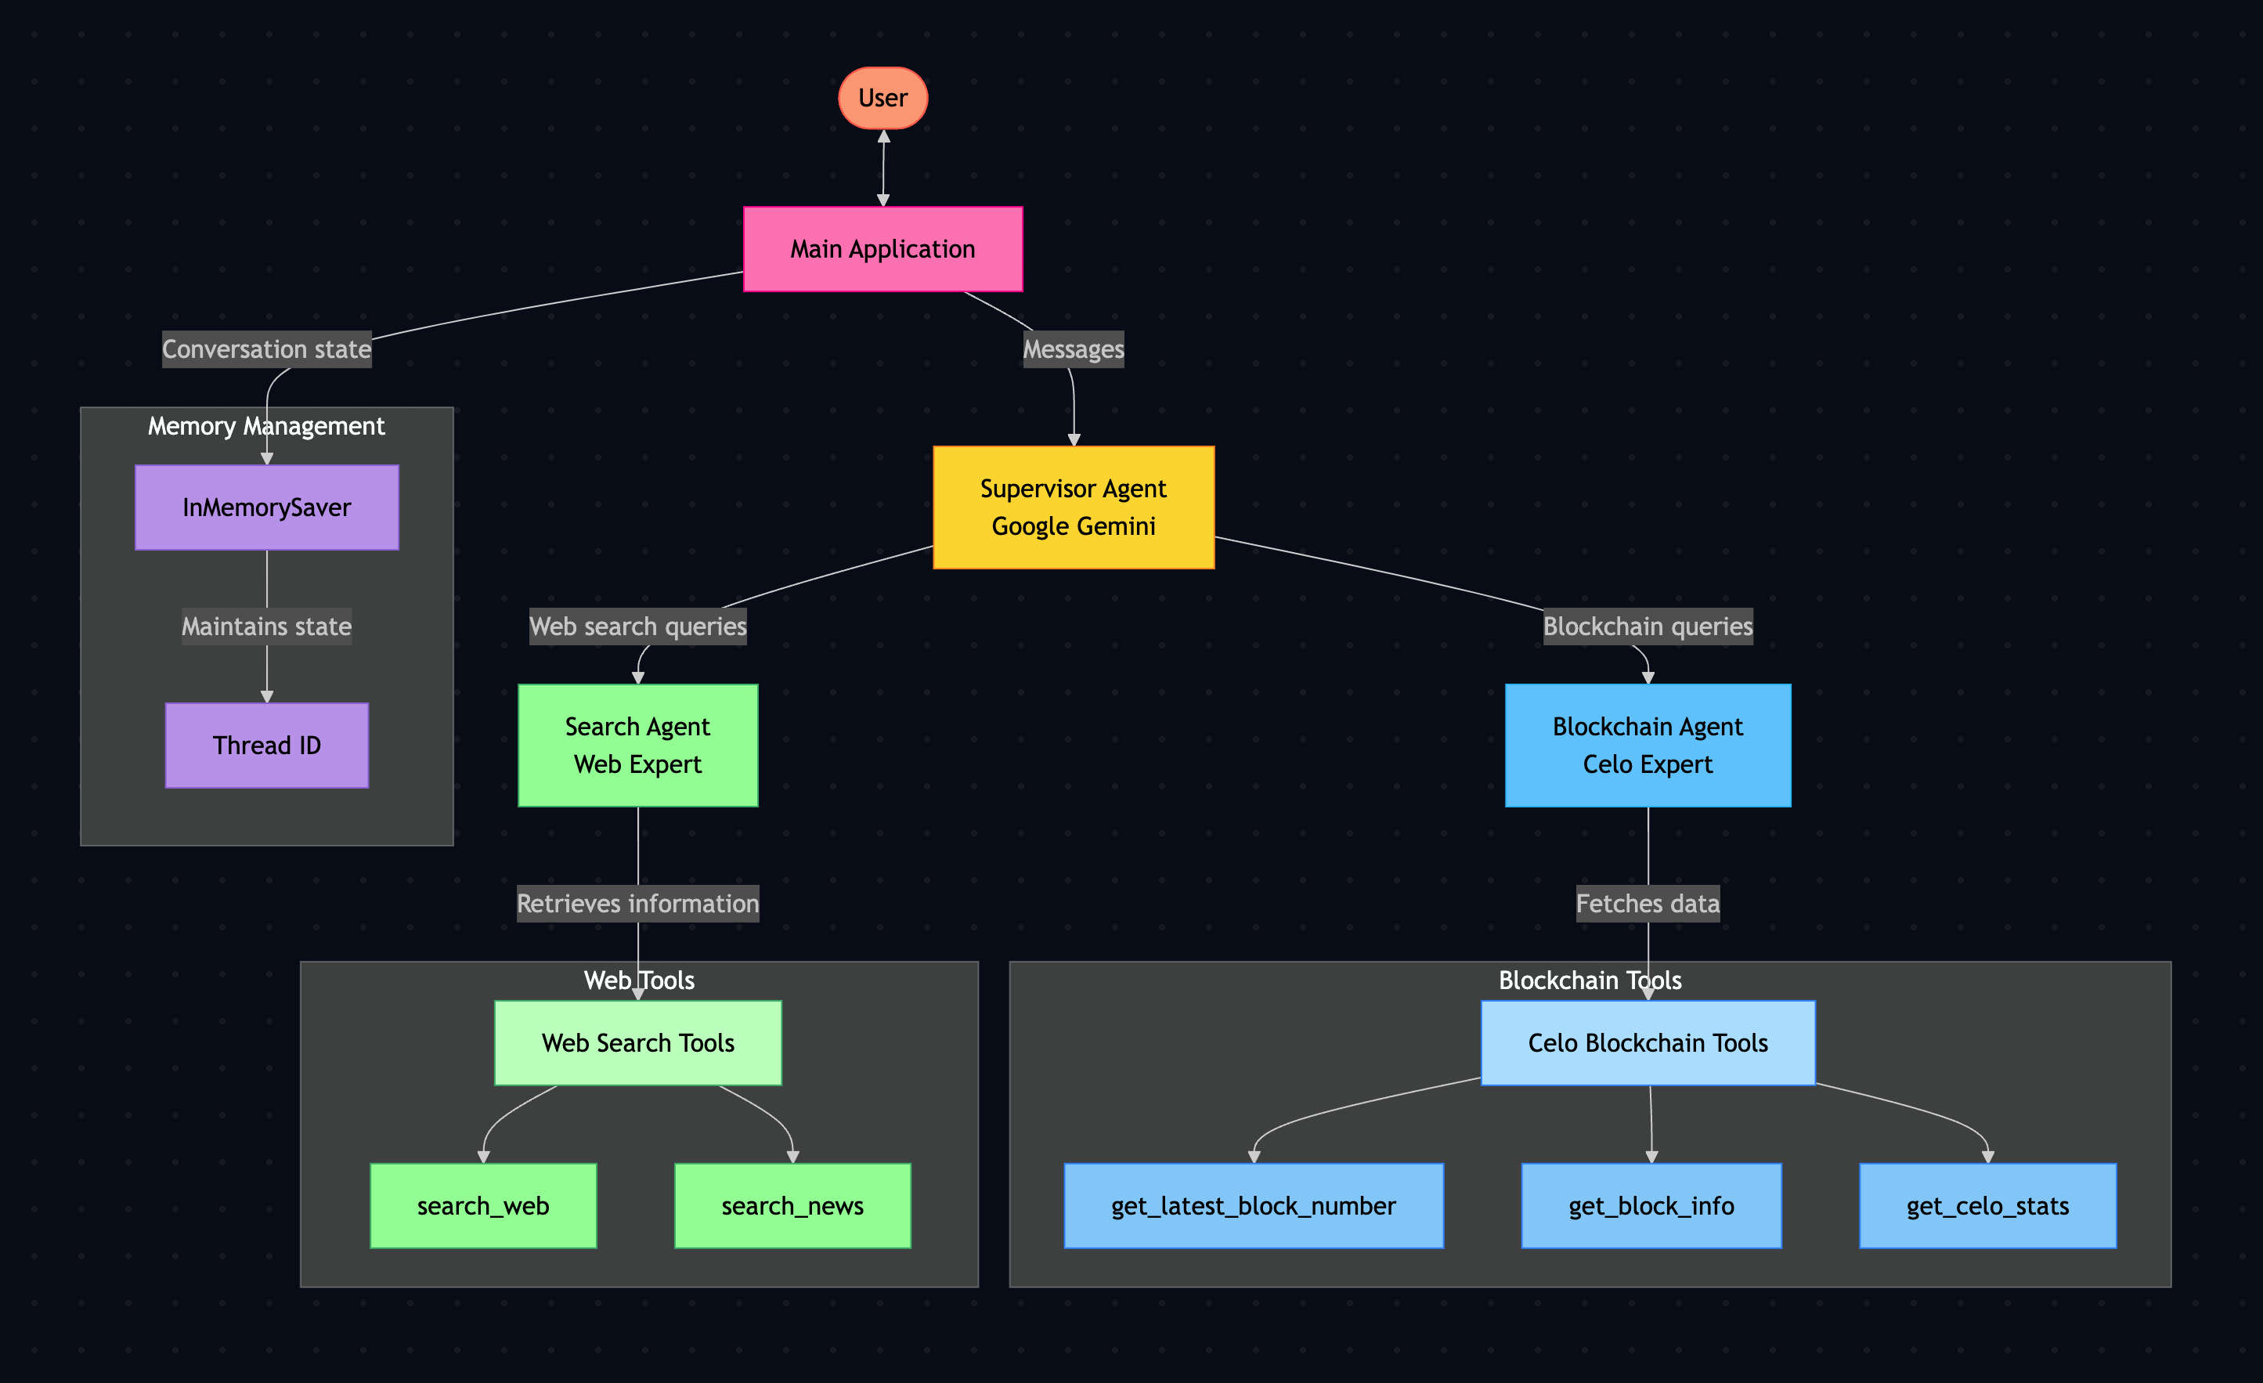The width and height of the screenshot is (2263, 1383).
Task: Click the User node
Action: (x=882, y=98)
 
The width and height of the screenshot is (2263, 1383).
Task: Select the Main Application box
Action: (x=882, y=249)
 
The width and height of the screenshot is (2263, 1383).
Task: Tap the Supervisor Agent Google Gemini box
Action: (x=1074, y=507)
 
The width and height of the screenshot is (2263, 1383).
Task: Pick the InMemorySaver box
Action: (x=266, y=507)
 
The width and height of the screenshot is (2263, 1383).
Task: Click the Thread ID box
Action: (x=266, y=745)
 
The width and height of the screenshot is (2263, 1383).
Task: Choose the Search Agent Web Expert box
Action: (x=637, y=745)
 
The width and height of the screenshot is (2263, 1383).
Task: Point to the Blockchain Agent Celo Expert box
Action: (x=1648, y=745)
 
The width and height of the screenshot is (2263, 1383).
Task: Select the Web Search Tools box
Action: (x=637, y=1042)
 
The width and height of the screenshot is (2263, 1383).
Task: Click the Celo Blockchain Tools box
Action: (x=1648, y=1042)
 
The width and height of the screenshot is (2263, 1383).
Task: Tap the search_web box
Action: (x=483, y=1205)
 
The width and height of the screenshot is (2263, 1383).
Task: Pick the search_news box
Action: (x=792, y=1205)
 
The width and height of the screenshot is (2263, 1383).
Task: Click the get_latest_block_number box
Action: (x=1254, y=1205)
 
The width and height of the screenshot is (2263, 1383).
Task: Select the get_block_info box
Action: (x=1651, y=1205)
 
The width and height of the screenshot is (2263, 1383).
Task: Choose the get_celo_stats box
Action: (x=1987, y=1205)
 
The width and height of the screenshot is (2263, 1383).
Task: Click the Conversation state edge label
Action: (x=266, y=349)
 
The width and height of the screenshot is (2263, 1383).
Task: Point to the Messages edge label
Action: (x=1074, y=349)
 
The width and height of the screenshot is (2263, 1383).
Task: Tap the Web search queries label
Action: (x=637, y=627)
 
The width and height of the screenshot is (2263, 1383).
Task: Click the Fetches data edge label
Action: (x=1648, y=904)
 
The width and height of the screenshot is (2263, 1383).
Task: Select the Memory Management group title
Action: (x=266, y=426)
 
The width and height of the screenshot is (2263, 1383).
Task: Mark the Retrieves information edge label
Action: (x=637, y=904)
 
